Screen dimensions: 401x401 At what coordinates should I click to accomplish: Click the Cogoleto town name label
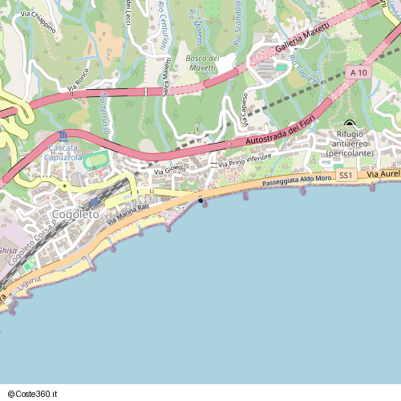75,214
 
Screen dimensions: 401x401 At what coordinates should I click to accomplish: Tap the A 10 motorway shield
358,73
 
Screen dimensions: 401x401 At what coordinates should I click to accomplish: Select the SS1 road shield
345,175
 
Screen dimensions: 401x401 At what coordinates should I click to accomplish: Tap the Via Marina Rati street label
128,213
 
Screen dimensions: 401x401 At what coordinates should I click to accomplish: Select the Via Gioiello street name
169,169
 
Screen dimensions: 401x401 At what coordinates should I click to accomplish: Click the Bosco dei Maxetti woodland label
202,63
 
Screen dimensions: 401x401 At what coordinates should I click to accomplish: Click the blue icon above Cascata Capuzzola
63,136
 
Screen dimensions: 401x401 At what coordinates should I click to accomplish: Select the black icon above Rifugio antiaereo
349,123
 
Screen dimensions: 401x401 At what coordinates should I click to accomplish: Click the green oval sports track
96,160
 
